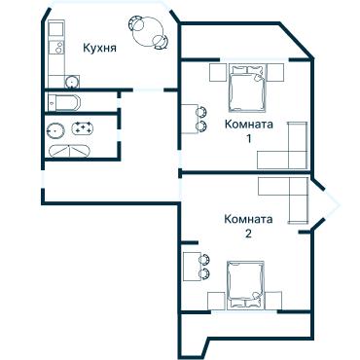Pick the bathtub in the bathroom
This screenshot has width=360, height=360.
point(67,151)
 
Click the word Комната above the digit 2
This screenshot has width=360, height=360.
point(248,219)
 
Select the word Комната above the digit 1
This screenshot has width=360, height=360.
point(248,125)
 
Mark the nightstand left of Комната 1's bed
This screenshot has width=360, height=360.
point(217,70)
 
